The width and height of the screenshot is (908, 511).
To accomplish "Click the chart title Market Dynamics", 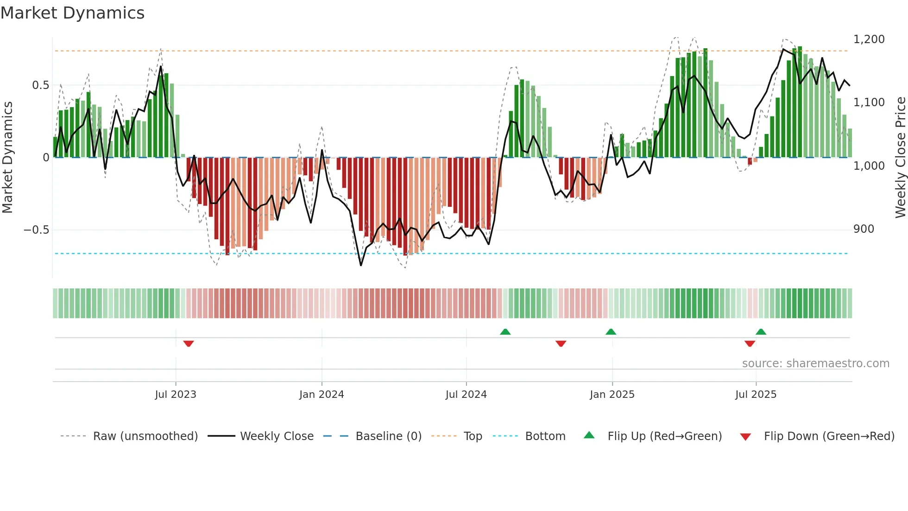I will click(x=72, y=13).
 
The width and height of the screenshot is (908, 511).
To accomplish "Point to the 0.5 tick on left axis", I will click(x=40, y=85).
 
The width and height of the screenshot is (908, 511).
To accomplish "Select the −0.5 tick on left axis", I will click(x=37, y=230).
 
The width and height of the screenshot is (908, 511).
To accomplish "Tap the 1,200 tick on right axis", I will click(x=869, y=39).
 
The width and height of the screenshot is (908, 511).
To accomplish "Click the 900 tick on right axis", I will click(x=864, y=229).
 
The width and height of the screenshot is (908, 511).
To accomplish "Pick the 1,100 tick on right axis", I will click(x=869, y=102).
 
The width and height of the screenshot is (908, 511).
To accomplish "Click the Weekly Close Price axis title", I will click(x=900, y=158).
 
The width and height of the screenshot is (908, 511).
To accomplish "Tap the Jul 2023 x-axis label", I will click(x=176, y=395).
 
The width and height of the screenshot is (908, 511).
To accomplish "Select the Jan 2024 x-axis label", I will click(x=322, y=395).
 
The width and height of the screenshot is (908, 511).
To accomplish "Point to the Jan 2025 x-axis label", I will click(x=612, y=395).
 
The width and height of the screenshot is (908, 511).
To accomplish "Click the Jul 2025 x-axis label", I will click(x=756, y=395).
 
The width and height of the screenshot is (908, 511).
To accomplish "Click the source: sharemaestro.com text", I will click(x=815, y=364).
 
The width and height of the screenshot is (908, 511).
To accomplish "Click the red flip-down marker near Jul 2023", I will click(x=188, y=344).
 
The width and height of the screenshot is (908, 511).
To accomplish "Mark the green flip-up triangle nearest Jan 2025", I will click(x=611, y=332).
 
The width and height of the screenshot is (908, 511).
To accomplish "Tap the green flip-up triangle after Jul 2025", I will click(x=761, y=332).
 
